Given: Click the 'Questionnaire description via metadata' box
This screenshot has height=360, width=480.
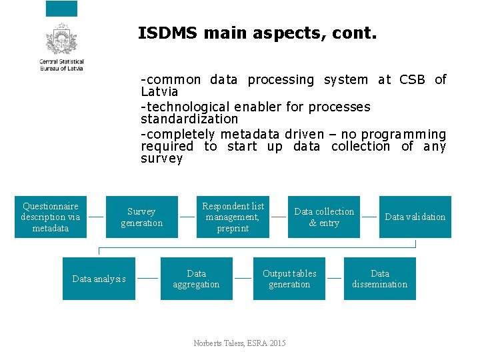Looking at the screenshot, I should (51, 217).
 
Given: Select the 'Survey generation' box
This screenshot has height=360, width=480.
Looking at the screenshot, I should (141, 217).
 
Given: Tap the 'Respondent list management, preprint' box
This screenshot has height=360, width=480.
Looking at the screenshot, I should (233, 217).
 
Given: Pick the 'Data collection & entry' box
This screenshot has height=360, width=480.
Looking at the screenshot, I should (324, 217).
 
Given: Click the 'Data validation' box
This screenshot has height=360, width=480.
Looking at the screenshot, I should (415, 217).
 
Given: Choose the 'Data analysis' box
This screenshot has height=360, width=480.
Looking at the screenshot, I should (99, 279).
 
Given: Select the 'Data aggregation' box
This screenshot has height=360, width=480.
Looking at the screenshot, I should (196, 279).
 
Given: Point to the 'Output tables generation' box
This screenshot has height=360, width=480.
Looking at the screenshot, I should (289, 279).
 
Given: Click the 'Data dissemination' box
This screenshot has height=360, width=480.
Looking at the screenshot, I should (379, 279).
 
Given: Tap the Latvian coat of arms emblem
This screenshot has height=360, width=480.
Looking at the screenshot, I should (61, 39).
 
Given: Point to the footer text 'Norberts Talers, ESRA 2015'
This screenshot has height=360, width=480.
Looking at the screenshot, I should (239, 343).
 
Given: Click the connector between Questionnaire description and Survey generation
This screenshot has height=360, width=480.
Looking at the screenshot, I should (96, 217).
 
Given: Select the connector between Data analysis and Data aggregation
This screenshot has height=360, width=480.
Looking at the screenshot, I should (147, 277).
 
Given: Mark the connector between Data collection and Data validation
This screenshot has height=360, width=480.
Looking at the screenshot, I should (369, 217).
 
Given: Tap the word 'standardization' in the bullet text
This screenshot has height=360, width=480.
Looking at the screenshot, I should (189, 119).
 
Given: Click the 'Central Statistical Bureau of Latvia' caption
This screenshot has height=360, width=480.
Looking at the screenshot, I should (61, 65).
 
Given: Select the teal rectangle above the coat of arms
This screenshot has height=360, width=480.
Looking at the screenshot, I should (61, 9).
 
